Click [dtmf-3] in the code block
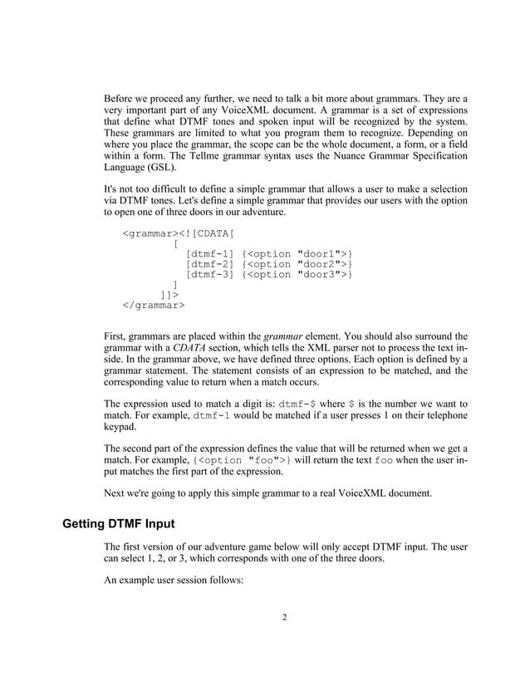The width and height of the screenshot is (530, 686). tap(210, 275)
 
